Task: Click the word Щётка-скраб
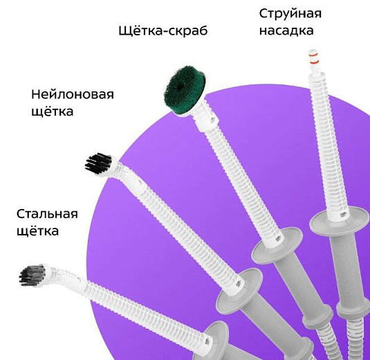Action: pyautogui.click(x=163, y=30)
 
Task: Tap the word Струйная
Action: pyautogui.click(x=290, y=14)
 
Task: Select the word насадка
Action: pyautogui.click(x=286, y=30)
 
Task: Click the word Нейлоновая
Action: pyautogui.click(x=73, y=94)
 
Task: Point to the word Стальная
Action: pyautogui.click(x=47, y=214)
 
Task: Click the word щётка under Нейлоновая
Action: pyautogui.click(x=52, y=111)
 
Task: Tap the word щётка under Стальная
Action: pyautogui.click(x=38, y=231)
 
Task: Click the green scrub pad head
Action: pyautogui.click(x=184, y=91)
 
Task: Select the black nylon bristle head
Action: pyautogui.click(x=98, y=164)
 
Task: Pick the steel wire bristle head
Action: pyautogui.click(x=33, y=276)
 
